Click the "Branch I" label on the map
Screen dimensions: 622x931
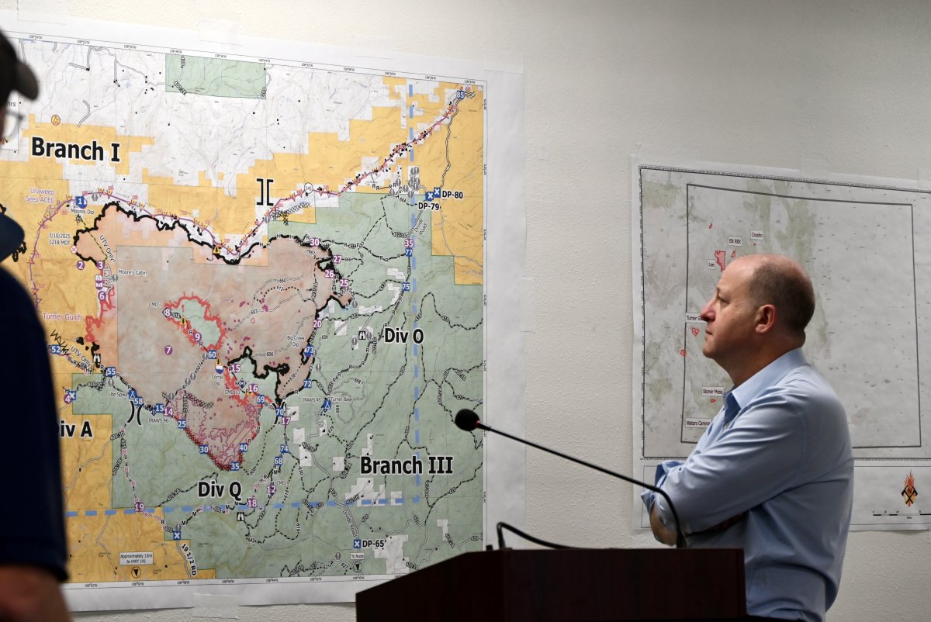75,149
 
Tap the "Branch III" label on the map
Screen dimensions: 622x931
406,465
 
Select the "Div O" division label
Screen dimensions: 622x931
404,336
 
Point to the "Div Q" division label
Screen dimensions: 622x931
219,489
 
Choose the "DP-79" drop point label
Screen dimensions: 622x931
428,206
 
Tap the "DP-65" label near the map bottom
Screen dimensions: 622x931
373,544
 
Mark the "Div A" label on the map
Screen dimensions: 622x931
75,429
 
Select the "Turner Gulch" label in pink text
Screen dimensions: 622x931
63,316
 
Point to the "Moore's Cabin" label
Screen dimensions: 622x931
133,273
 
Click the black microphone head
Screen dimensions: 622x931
467,420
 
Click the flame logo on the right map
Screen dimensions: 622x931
909,489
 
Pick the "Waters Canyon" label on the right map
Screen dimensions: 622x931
697,423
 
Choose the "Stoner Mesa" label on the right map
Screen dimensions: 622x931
712,392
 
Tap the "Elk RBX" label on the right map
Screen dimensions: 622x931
735,242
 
